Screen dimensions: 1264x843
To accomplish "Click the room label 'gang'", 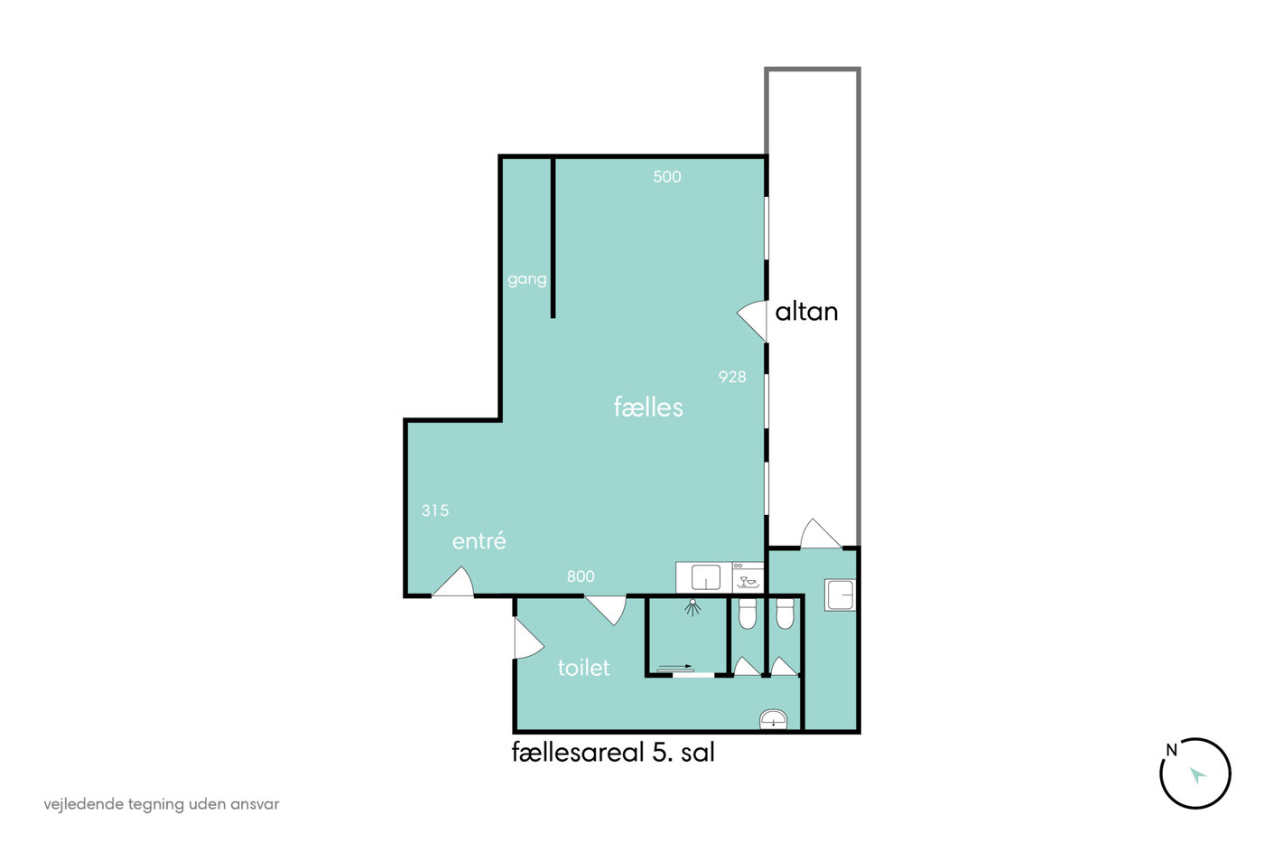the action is (527, 279).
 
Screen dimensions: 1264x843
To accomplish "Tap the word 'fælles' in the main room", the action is (648, 407).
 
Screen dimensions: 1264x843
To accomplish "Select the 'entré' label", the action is (479, 541).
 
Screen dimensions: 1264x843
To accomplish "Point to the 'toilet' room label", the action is (583, 668).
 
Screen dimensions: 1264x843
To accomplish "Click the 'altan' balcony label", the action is (806, 312).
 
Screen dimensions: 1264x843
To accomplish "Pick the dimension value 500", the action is (667, 177).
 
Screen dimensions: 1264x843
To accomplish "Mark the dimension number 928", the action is (732, 377).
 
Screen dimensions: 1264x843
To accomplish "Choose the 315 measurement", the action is (435, 510).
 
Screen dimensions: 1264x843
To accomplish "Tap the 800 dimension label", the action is (581, 576).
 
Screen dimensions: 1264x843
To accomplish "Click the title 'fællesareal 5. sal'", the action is (613, 752).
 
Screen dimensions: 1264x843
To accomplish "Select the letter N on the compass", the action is (1172, 750).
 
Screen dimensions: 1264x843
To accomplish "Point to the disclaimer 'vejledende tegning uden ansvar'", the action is (162, 804).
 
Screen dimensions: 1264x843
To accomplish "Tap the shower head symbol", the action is (692, 607).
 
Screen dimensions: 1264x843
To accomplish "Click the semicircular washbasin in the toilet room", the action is (773, 719).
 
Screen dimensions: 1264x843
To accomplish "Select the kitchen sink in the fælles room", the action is (706, 577).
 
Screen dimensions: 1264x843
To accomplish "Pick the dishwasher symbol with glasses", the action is (748, 577).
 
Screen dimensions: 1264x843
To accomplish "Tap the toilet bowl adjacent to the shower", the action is (748, 614).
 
